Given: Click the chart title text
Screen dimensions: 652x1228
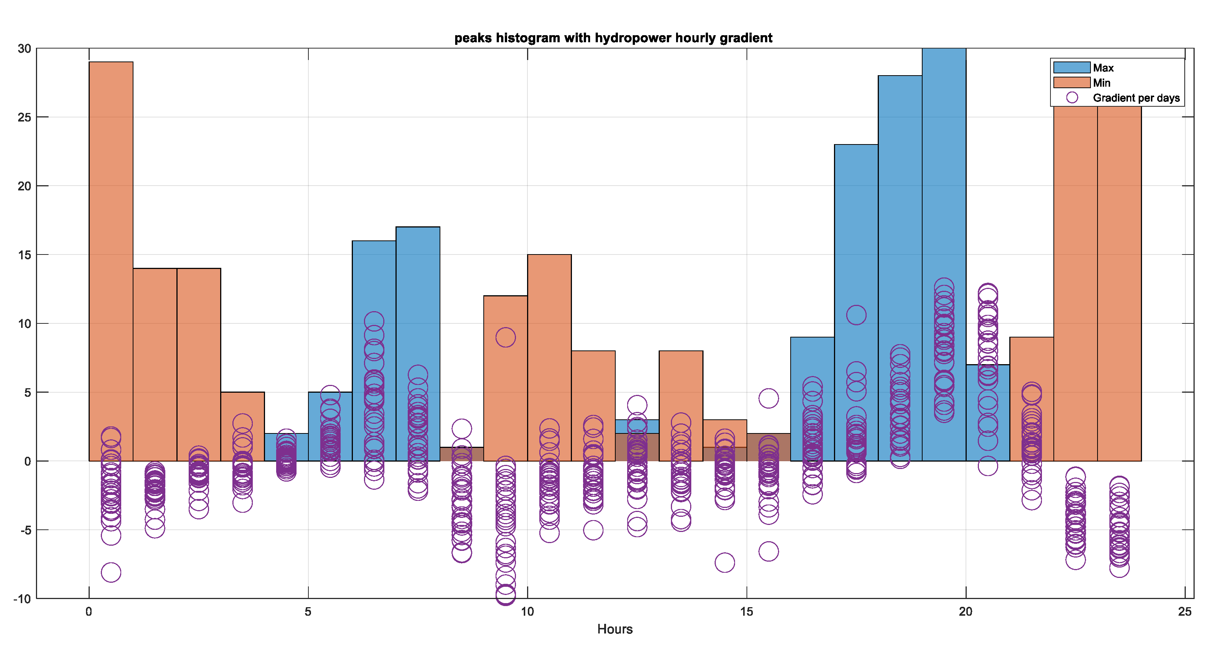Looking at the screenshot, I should [x=613, y=38].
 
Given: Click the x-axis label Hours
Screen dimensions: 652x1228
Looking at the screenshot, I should [x=615, y=629].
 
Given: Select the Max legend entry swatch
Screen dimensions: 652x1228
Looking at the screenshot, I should [x=1071, y=68].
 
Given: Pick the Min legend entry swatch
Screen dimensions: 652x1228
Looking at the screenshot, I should [x=1071, y=83].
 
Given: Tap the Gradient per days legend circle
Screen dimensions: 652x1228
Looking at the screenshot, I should [x=1072, y=98].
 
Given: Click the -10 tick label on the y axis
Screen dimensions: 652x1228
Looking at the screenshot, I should [x=22, y=599].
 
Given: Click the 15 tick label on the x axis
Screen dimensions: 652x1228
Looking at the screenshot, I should [x=746, y=612].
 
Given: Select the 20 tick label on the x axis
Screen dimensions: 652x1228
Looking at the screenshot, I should [x=965, y=612].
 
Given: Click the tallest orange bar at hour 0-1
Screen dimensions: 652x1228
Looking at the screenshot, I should [x=110, y=238].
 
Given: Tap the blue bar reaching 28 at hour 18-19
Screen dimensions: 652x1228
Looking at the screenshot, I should [x=900, y=214].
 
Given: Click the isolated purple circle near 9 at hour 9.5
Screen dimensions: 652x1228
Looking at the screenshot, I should [x=505, y=337].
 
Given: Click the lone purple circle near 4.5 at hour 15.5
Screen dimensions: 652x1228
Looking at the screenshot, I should [x=768, y=398].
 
